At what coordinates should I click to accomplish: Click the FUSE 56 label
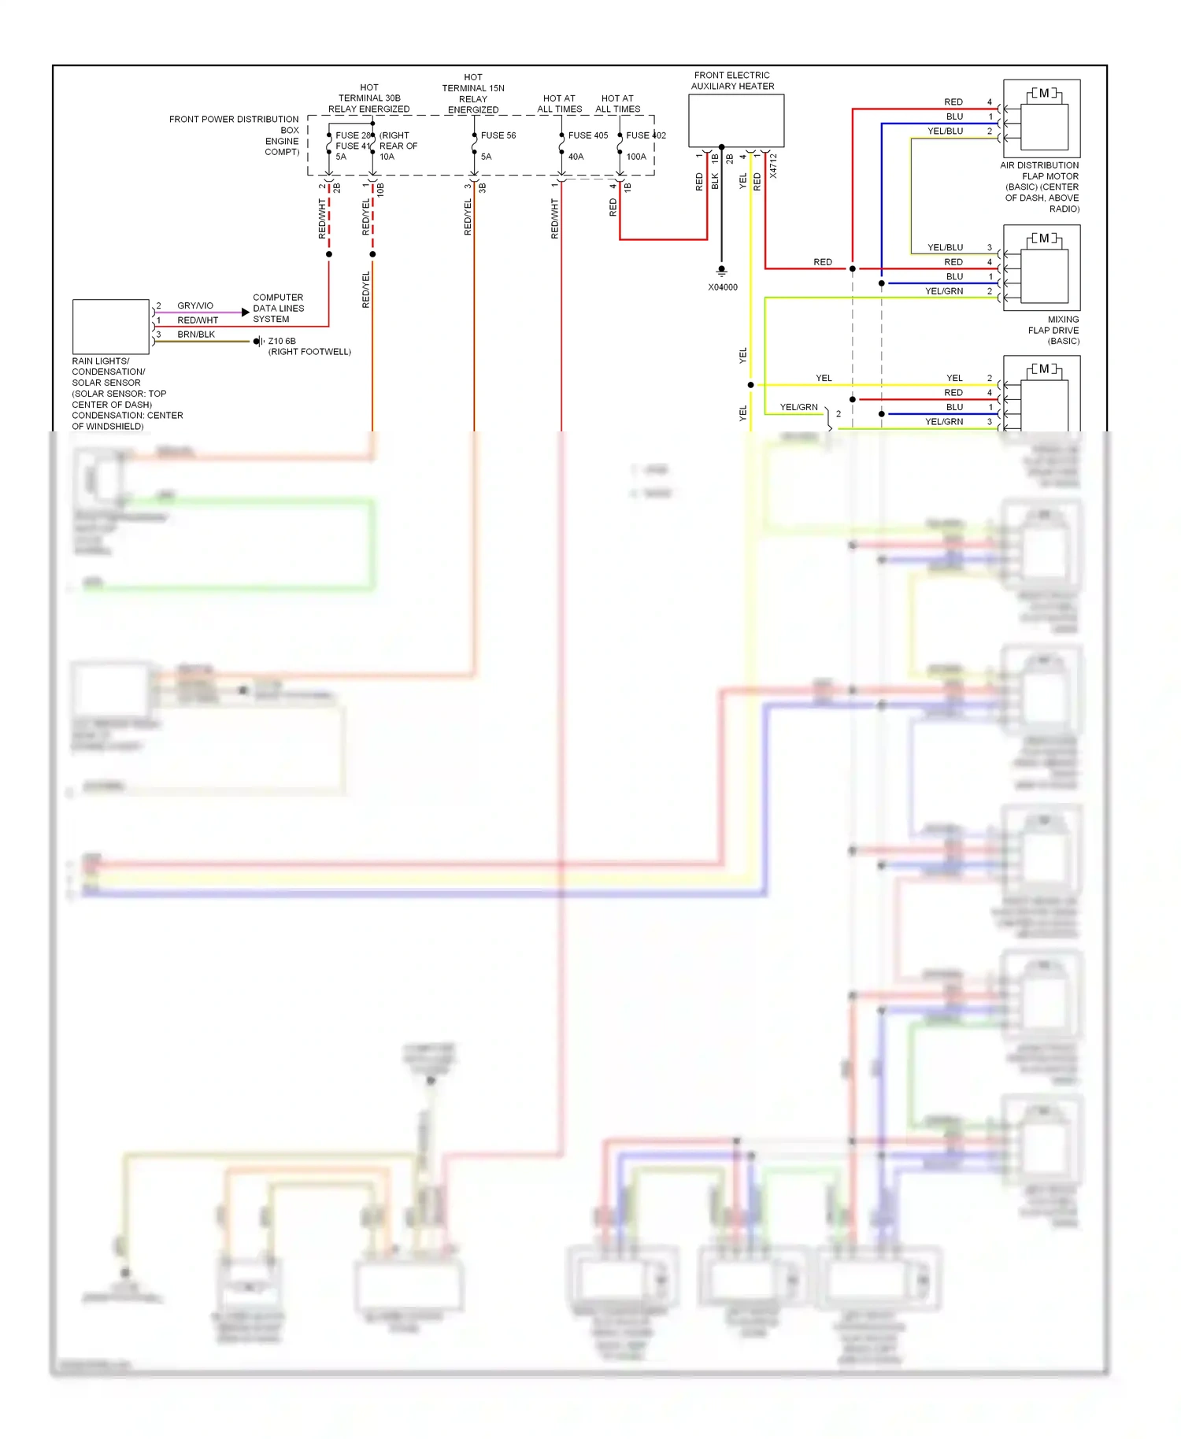pyautogui.click(x=498, y=135)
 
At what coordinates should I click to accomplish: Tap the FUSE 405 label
pyautogui.click(x=588, y=135)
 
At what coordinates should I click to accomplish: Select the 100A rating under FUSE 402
pyautogui.click(x=636, y=157)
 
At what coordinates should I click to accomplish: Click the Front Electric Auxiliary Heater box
pyautogui.click(x=736, y=120)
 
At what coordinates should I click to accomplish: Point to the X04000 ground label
pyautogui.click(x=723, y=287)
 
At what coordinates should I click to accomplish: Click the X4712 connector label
pyautogui.click(x=773, y=166)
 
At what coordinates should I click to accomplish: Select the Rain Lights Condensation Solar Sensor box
pyautogui.click(x=110, y=327)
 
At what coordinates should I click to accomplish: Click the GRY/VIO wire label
pyautogui.click(x=195, y=305)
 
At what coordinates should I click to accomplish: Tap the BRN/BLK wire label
pyautogui.click(x=196, y=335)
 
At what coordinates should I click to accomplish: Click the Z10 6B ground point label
pyautogui.click(x=282, y=341)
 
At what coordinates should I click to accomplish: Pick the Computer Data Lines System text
pyautogui.click(x=278, y=309)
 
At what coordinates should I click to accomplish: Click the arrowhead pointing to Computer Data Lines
pyautogui.click(x=246, y=313)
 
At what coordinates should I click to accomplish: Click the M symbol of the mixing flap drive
pyautogui.click(x=1044, y=239)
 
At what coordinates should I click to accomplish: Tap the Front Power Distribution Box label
pyautogui.click(x=234, y=135)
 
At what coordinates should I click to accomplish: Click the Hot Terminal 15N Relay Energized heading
pyautogui.click(x=473, y=94)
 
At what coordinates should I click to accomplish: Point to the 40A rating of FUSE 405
pyautogui.click(x=576, y=157)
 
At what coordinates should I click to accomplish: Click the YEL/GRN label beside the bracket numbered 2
pyautogui.click(x=798, y=407)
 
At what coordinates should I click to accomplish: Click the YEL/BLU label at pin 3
pyautogui.click(x=945, y=247)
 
